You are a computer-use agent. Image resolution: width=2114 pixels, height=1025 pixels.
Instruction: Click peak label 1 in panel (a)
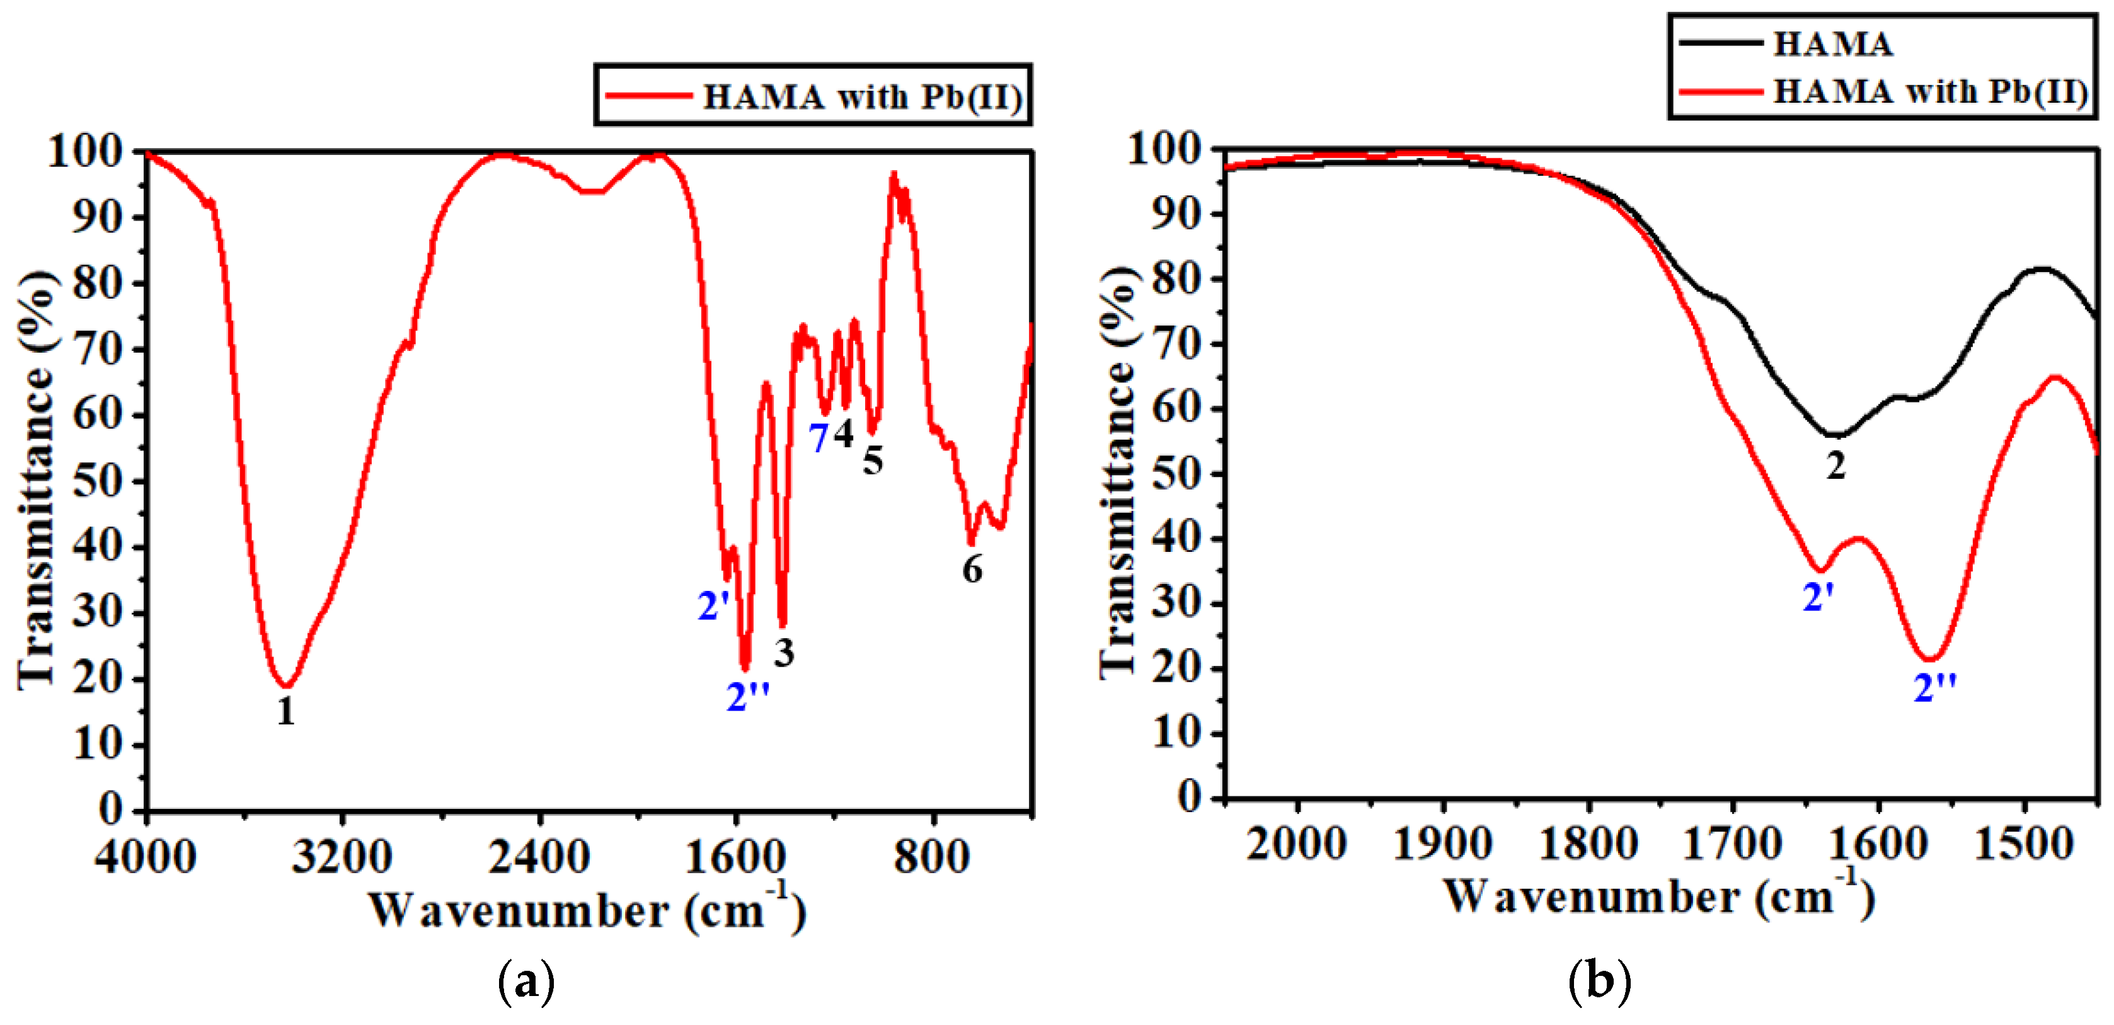tap(285, 711)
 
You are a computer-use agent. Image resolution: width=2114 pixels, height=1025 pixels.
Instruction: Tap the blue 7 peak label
tap(818, 438)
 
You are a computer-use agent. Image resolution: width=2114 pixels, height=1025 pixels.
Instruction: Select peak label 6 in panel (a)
tap(972, 569)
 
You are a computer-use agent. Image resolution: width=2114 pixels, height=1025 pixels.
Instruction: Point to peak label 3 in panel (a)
tap(784, 653)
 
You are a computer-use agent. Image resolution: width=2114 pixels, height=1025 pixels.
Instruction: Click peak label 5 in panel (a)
tap(872, 461)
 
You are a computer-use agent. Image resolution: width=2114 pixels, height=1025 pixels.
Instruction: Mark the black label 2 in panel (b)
tap(1835, 466)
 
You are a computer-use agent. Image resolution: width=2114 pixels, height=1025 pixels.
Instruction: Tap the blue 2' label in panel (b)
tap(1817, 597)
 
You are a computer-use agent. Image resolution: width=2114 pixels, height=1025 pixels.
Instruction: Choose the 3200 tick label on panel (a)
tap(342, 857)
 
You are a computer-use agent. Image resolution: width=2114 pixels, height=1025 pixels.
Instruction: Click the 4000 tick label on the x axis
tap(146, 857)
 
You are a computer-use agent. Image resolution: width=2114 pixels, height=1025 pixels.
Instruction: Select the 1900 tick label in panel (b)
tap(1443, 844)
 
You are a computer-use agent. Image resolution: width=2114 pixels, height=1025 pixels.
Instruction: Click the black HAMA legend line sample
tap(1720, 43)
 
